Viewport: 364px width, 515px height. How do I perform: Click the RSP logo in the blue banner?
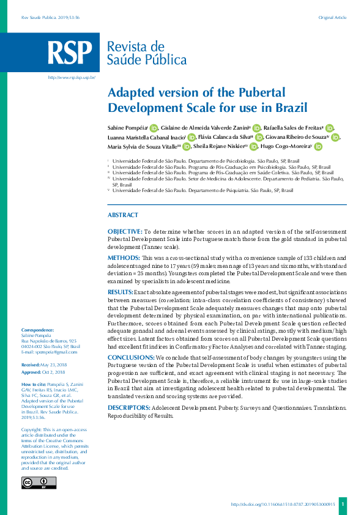coord(71,53)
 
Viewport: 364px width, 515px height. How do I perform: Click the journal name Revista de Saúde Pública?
coord(147,53)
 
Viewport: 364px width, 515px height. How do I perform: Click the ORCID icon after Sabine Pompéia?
coord(154,128)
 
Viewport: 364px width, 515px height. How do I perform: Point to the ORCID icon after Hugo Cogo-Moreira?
coord(318,147)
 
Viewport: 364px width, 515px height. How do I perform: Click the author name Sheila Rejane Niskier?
coord(218,147)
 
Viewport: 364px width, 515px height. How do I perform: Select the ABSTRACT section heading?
coord(123,215)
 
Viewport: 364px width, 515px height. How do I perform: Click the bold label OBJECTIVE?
coord(124,232)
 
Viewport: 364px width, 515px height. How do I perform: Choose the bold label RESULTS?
coord(121,293)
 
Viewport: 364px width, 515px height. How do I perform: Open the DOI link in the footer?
coord(283,505)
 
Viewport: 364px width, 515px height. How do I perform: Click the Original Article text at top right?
coord(332,18)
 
